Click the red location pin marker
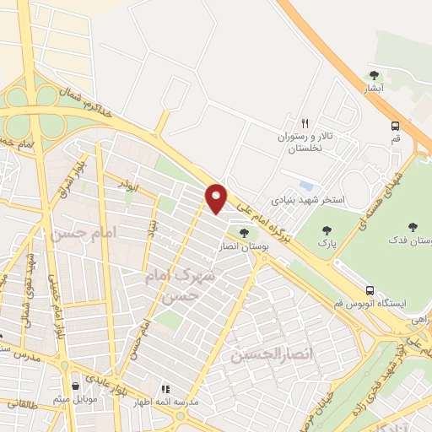coord(217,198)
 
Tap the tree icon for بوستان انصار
coord(244,233)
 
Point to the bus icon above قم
coord(395,126)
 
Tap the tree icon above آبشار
coord(375,75)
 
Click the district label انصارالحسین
coord(267,355)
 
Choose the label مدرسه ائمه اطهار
coord(168,402)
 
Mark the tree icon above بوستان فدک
coord(413,227)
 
